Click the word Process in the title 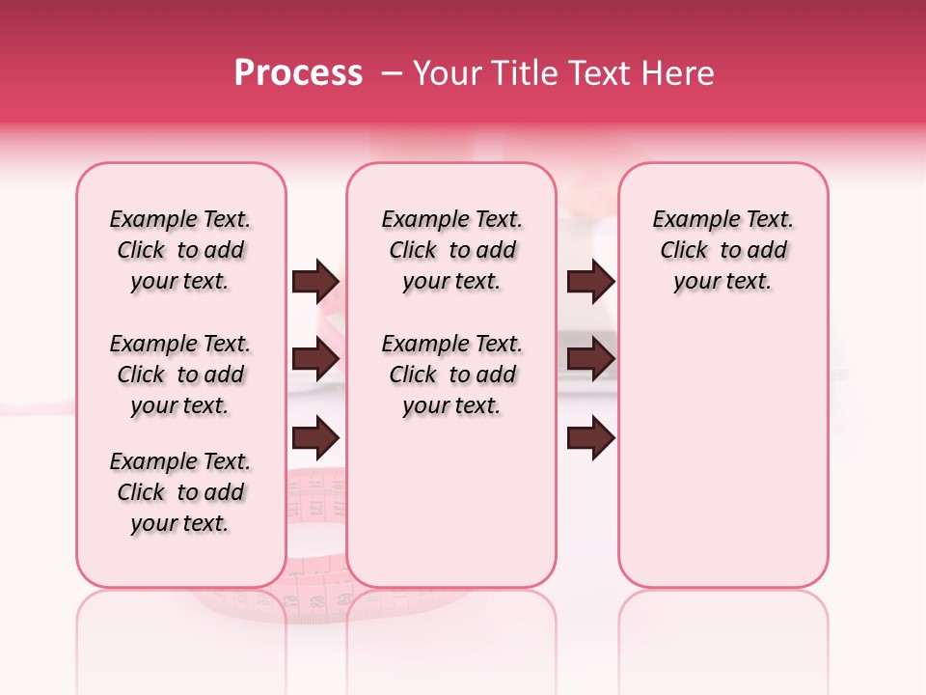coord(298,73)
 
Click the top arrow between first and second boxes coord(315,281)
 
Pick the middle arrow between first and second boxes coord(315,359)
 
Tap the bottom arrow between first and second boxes coord(315,437)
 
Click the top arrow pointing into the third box coord(590,281)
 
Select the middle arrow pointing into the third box coord(590,359)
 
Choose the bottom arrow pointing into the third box coord(590,437)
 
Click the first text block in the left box coord(180,250)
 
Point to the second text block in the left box coord(180,375)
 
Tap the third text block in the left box coord(180,492)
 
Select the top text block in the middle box coord(451,250)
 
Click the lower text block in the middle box coord(451,375)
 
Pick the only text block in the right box coord(723,250)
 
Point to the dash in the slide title coord(392,73)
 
